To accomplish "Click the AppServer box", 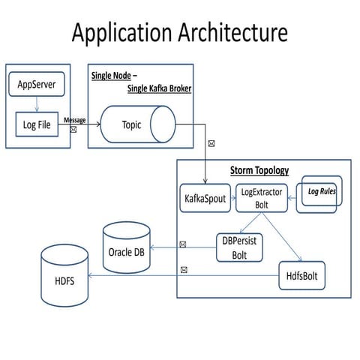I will [x=37, y=85].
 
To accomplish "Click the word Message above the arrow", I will [x=74, y=120].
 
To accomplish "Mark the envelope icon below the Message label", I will [x=73, y=130].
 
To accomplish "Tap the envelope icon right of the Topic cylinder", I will [x=211, y=142].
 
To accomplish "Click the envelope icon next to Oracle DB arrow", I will [x=183, y=243].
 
